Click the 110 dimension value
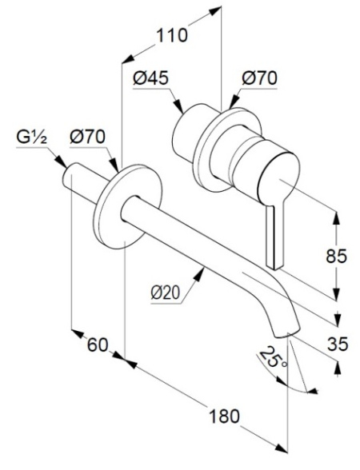pyautogui.click(x=172, y=35)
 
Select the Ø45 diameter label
pyautogui.click(x=151, y=78)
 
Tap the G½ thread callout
pyautogui.click(x=31, y=137)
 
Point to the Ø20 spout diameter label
pyautogui.click(x=166, y=293)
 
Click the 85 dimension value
pyautogui.click(x=336, y=256)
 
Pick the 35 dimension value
pyautogui.click(x=338, y=344)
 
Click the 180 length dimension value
pyautogui.click(x=224, y=416)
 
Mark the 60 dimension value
pyautogui.click(x=98, y=345)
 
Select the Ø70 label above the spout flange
pyautogui.click(x=88, y=137)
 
